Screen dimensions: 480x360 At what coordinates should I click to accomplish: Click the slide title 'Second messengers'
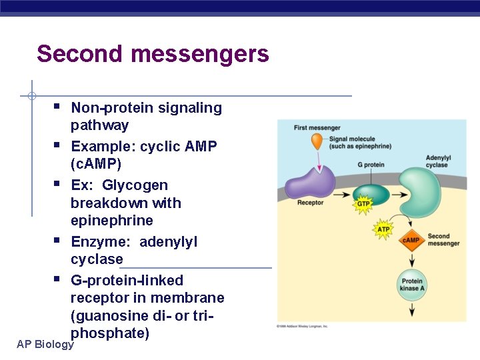[x=153, y=53]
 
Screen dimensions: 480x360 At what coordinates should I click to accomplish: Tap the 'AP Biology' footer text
[x=45, y=344]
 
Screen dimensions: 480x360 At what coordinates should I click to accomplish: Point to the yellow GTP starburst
[x=363, y=204]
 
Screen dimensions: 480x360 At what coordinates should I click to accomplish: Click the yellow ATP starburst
[x=383, y=229]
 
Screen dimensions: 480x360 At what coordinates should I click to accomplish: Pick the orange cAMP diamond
[x=411, y=240]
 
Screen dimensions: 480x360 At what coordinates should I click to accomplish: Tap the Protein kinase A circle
[x=410, y=285]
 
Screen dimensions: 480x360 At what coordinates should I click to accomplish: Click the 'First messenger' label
[x=317, y=128]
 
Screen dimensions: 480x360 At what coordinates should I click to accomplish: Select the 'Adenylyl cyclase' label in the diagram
[x=437, y=161]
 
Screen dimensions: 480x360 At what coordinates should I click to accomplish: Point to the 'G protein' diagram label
[x=371, y=165]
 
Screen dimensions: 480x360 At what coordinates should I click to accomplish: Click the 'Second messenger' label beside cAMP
[x=443, y=240]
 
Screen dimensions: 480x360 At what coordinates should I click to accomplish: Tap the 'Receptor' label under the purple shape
[x=310, y=203]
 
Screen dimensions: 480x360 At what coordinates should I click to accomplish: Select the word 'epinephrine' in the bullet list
[x=112, y=221]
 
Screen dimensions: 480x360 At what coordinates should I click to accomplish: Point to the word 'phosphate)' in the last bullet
[x=110, y=333]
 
